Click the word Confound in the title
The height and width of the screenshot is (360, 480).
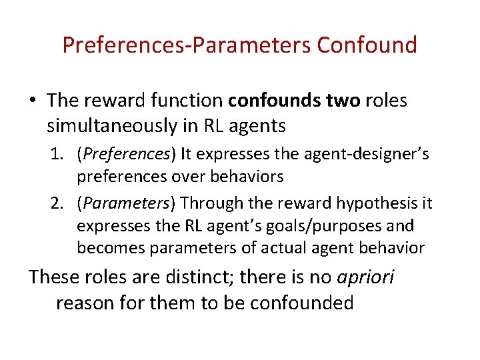pos(367,45)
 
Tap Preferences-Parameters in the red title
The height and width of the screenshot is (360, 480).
pos(187,45)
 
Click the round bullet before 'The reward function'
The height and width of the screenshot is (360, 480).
pos(33,101)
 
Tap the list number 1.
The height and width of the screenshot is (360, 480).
pos(56,155)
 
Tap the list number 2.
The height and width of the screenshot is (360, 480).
pos(56,203)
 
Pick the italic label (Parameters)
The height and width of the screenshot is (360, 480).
pos(127,203)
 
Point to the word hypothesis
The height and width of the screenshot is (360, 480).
pos(368,203)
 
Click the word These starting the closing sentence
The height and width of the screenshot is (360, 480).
pos(54,277)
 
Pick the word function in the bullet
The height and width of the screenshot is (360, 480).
pos(183,101)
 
